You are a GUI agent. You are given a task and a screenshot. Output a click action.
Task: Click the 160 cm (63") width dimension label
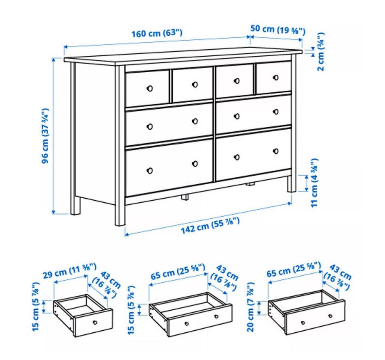(157, 33)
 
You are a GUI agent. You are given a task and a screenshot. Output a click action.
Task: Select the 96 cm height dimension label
(45, 136)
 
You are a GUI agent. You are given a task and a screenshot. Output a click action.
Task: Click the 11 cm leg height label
(314, 183)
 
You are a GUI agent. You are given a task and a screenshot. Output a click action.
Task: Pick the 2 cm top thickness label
(321, 52)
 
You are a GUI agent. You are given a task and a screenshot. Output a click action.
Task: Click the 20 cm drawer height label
(250, 307)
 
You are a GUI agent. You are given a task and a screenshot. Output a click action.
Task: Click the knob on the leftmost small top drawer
(150, 88)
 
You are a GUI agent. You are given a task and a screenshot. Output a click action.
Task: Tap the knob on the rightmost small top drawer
(276, 77)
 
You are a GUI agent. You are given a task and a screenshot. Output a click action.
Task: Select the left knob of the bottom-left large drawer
(150, 171)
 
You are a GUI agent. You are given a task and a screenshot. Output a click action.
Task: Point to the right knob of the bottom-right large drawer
(276, 151)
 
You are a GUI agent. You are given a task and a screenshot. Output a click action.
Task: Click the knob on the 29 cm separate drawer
(95, 322)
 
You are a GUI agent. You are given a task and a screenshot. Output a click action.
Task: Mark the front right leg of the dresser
(292, 184)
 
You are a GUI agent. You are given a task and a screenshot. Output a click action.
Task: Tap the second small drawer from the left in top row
(192, 85)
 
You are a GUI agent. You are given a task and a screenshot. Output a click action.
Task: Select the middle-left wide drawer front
(169, 124)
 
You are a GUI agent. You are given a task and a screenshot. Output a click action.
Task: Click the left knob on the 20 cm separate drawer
(303, 323)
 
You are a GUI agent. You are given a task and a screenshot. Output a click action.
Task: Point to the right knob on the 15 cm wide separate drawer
(216, 317)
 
